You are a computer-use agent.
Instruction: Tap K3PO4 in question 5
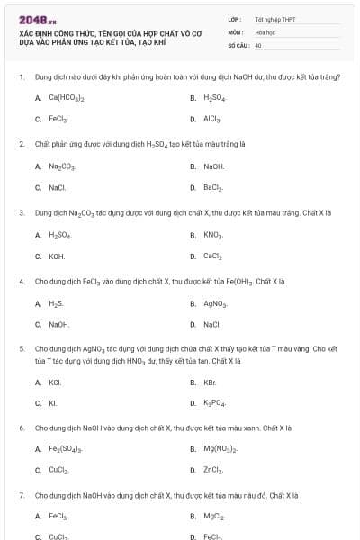[x=214, y=403]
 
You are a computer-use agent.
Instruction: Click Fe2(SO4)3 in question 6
[x=66, y=449]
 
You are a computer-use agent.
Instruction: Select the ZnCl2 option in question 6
[x=212, y=471]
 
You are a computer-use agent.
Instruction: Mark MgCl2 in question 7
[x=213, y=517]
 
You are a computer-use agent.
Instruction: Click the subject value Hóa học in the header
[x=265, y=31]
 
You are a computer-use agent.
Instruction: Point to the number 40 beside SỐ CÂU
[x=258, y=44]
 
